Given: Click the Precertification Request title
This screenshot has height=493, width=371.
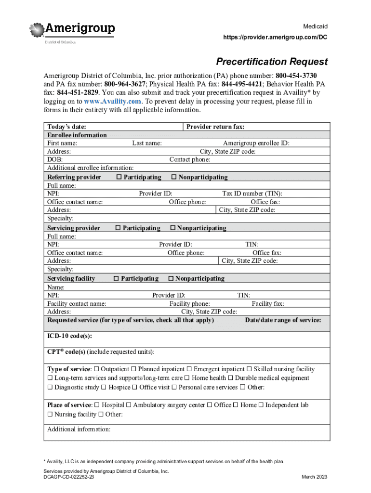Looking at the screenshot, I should [272, 62].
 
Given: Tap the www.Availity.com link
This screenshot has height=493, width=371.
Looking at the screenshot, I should [113, 101].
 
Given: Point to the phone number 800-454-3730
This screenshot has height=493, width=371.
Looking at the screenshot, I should [296, 76].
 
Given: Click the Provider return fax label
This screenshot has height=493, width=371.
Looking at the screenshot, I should [215, 127].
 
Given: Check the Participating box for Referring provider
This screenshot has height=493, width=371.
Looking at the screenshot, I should [119, 177].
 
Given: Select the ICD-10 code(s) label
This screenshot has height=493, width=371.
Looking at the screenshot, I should [69, 336].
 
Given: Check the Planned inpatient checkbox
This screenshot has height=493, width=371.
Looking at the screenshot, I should [134, 369].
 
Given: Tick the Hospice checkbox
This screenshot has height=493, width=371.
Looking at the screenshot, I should [104, 387].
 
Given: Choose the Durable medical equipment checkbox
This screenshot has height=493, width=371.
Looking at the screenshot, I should [230, 378].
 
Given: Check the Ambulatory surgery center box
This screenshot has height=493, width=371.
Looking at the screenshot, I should [129, 405].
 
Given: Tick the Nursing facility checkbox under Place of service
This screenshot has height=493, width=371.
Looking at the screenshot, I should [50, 414].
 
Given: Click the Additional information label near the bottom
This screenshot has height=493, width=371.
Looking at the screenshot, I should [79, 429].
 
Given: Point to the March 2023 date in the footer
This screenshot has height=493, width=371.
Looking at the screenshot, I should [314, 477].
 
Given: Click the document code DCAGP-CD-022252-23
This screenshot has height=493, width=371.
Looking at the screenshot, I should [69, 477].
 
